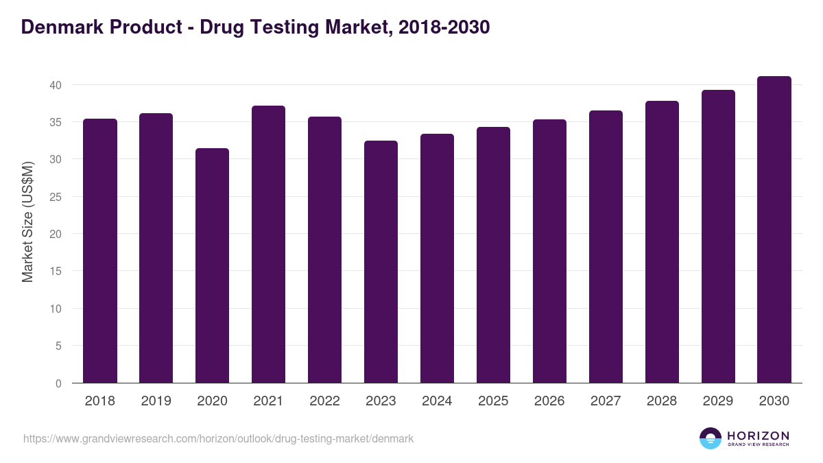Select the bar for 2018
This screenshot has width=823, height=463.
(100, 251)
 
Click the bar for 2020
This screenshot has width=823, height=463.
(213, 265)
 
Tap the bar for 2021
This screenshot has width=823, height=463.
(269, 244)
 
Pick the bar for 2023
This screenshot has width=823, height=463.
(381, 262)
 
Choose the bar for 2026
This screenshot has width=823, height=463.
(550, 251)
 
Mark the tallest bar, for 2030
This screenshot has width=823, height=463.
(774, 230)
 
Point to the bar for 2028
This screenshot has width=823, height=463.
(663, 242)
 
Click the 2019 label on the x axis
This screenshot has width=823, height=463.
(156, 401)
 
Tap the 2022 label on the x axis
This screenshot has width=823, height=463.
(325, 401)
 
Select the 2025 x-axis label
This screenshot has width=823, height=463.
(494, 401)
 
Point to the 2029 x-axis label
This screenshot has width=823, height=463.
(718, 401)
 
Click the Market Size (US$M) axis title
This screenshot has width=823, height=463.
(27, 222)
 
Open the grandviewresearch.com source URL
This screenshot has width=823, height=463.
(218, 438)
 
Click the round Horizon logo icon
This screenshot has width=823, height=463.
(711, 438)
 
